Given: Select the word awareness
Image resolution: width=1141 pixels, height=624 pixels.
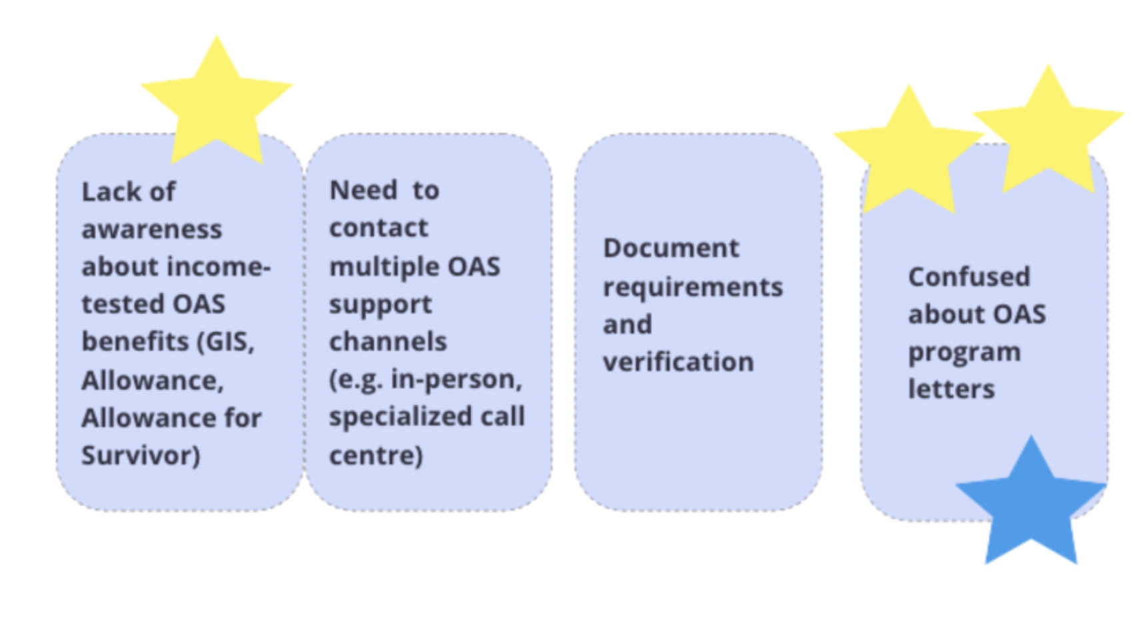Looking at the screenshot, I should coord(152,229).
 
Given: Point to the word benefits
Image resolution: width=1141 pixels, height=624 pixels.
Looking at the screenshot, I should coord(135,341).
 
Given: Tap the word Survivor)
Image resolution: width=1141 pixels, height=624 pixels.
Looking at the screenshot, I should coord(141,455).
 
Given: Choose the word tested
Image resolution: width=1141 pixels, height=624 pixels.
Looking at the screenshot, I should coord(115,304).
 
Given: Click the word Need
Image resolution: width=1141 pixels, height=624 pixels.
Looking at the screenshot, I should coord(363,191).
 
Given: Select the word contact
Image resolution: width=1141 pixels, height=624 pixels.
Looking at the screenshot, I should coord(379,228).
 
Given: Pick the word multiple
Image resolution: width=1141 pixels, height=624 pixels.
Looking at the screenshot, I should coord(383,267).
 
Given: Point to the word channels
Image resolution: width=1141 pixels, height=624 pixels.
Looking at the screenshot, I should coord(388,341).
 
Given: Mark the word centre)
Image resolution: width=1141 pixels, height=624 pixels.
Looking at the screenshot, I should coord(376,455).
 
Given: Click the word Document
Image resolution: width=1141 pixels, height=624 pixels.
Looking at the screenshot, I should coord(671,248).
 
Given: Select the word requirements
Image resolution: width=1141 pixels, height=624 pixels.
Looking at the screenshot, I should coord(693,288).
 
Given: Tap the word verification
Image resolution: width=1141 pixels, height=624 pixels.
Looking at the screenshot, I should coord(678,362).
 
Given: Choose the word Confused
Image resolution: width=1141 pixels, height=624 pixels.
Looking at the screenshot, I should coord(969,277).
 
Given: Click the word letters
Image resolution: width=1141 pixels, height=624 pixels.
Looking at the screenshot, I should coord(951,389).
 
